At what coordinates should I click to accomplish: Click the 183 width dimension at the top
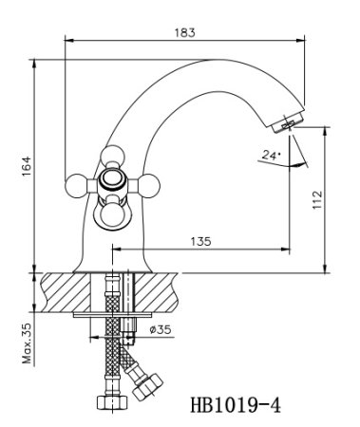pos(185,32)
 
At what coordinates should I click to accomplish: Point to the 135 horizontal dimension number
pos(199,241)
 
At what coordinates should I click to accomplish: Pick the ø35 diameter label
pos(160,329)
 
